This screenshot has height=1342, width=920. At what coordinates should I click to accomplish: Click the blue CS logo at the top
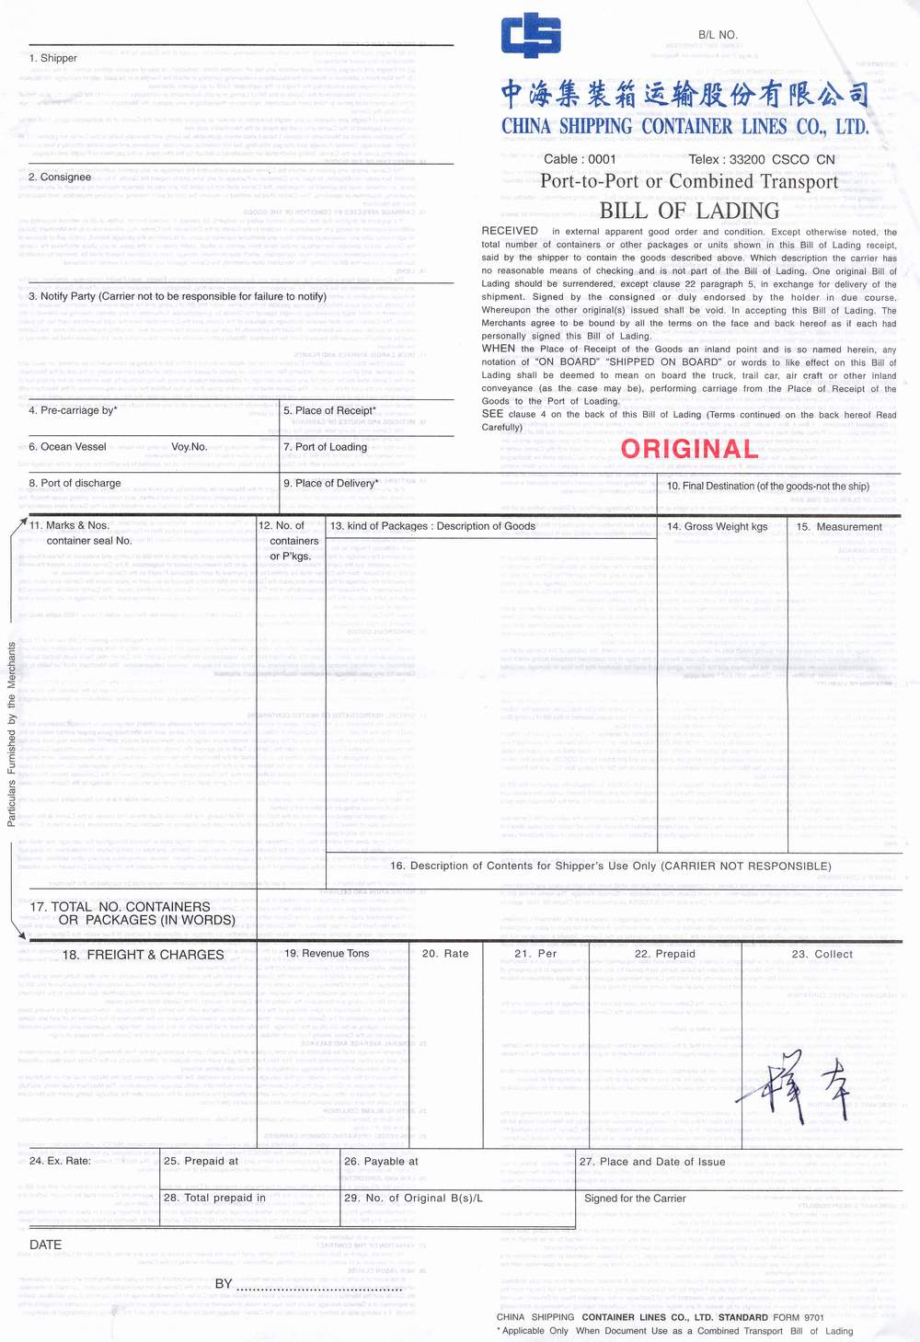[x=531, y=36]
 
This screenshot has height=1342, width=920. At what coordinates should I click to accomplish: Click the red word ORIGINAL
[x=689, y=449]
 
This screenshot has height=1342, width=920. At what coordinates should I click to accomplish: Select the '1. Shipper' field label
[x=53, y=58]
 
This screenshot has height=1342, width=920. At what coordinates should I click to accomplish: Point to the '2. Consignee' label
[x=60, y=177]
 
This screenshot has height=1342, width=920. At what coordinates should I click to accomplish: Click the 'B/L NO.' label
[x=718, y=35]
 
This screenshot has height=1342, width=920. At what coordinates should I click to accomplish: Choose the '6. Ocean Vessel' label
[x=67, y=447]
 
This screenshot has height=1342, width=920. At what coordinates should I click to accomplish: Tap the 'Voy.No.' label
[x=189, y=447]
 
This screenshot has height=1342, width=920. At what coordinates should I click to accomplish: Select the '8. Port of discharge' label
[x=75, y=483]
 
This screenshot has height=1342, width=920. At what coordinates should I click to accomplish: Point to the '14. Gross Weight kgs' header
[x=717, y=527]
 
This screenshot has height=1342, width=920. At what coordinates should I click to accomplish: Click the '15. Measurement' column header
[x=839, y=527]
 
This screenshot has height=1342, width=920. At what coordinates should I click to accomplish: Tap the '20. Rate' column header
[x=445, y=954]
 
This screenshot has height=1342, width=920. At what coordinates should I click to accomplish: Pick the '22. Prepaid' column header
[x=664, y=954]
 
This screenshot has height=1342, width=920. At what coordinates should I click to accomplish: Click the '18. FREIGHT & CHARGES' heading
[x=143, y=955]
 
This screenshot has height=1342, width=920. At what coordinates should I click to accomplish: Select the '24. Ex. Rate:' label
[x=60, y=1161]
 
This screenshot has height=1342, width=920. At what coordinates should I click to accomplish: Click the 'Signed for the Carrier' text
[x=635, y=1199]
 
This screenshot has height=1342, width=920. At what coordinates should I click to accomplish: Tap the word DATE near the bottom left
[x=46, y=1245]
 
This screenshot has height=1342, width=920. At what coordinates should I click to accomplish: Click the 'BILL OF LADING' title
[x=689, y=211]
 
